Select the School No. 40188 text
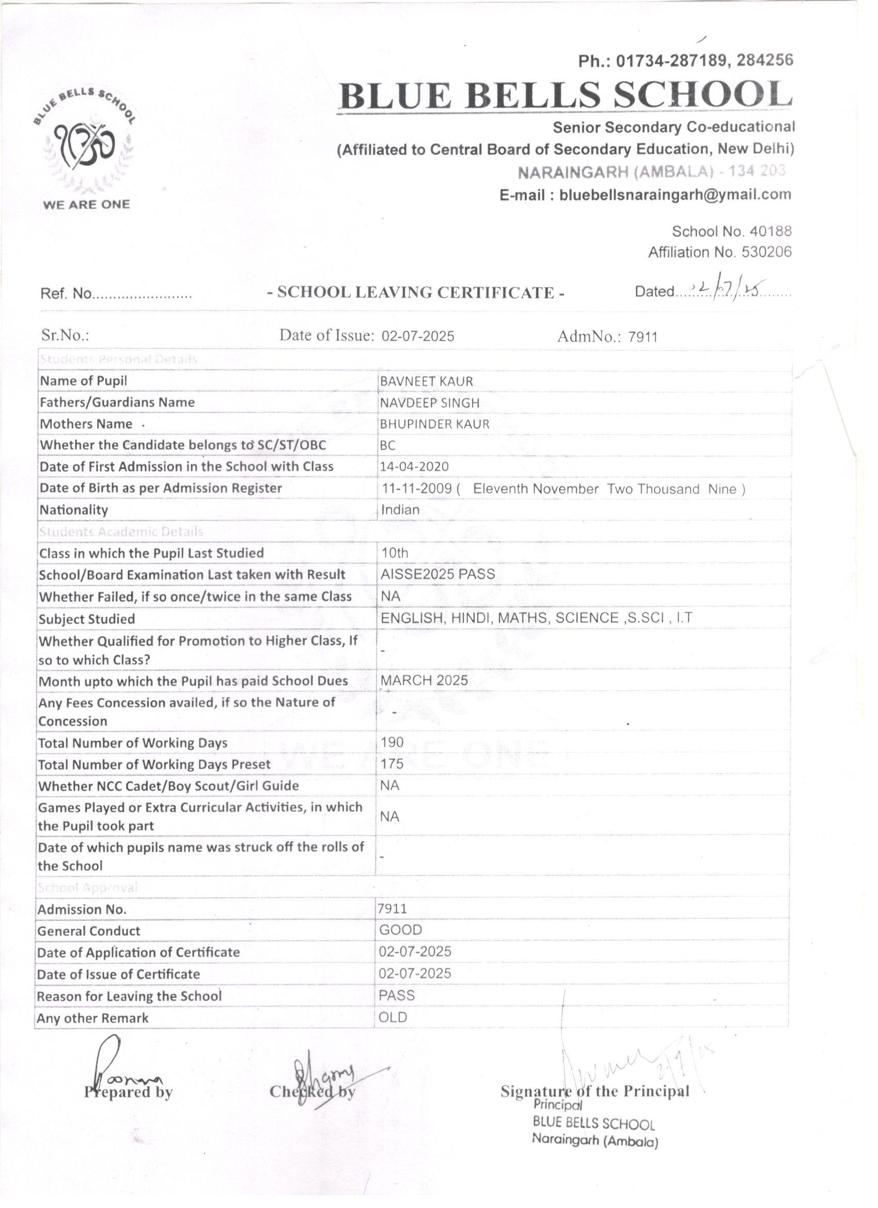pos(731,231)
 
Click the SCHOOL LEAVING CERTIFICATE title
pos(416,292)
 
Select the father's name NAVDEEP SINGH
pos(429,403)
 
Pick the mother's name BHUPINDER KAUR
pos(434,425)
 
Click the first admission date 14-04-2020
pos(414,467)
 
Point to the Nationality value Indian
pos(400,510)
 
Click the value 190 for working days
pos(393,742)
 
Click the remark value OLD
pos(393,1018)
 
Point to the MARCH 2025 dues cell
pos(425,680)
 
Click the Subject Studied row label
pos(87,620)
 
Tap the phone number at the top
pos(686,61)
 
